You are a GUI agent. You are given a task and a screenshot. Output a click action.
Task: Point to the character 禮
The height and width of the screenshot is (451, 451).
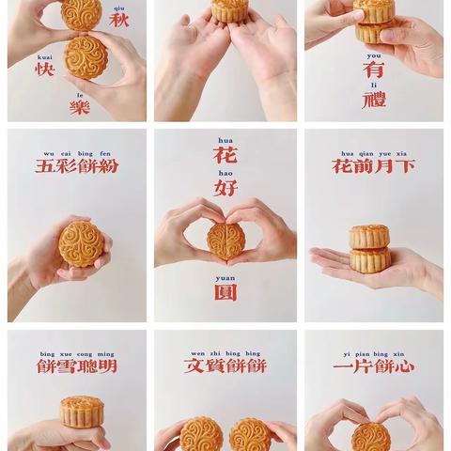pyautogui.click(x=373, y=101)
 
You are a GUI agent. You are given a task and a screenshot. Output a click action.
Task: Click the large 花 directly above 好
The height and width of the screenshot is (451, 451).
pyautogui.click(x=225, y=155)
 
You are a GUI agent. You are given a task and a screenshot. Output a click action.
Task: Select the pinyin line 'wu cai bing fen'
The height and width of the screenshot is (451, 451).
pyautogui.click(x=77, y=151)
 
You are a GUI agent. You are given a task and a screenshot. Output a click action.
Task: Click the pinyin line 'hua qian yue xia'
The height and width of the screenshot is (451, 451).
pyautogui.click(x=373, y=151)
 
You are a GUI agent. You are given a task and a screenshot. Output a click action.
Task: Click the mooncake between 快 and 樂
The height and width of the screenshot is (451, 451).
pyautogui.click(x=86, y=56)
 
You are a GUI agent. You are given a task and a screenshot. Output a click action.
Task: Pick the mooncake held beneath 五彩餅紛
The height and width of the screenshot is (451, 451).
pyautogui.click(x=81, y=243)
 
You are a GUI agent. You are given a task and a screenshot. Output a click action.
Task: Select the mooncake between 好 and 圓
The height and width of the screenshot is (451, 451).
pyautogui.click(x=225, y=239)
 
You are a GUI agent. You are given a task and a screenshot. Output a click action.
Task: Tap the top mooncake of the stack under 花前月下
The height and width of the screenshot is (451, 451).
pyautogui.click(x=369, y=235)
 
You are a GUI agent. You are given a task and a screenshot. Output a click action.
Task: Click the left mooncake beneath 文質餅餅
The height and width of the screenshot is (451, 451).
pyautogui.click(x=201, y=434)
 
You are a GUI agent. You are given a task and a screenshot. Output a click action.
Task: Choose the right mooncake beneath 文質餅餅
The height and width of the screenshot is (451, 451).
pyautogui.click(x=249, y=434)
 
